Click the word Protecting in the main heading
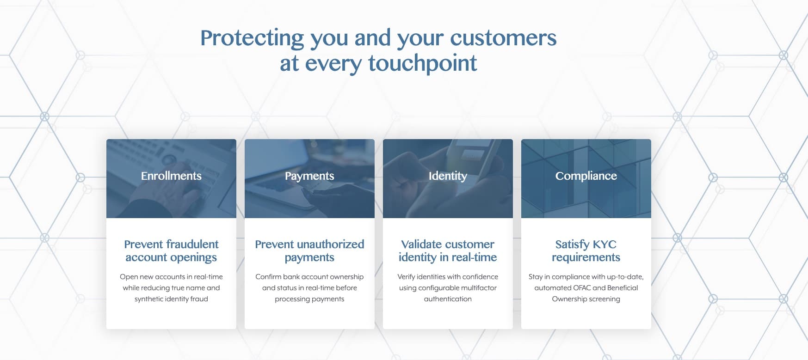(252, 38)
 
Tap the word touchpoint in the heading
(422, 64)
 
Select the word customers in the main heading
(503, 38)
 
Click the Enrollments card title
(171, 176)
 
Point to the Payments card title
(309, 176)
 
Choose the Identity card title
(448, 176)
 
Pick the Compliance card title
(586, 176)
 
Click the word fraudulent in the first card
(192, 244)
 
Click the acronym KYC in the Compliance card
(604, 244)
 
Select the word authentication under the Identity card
(448, 299)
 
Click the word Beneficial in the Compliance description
(623, 288)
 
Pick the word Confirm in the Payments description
(268, 277)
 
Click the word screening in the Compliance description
(604, 299)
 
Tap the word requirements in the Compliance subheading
(586, 257)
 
